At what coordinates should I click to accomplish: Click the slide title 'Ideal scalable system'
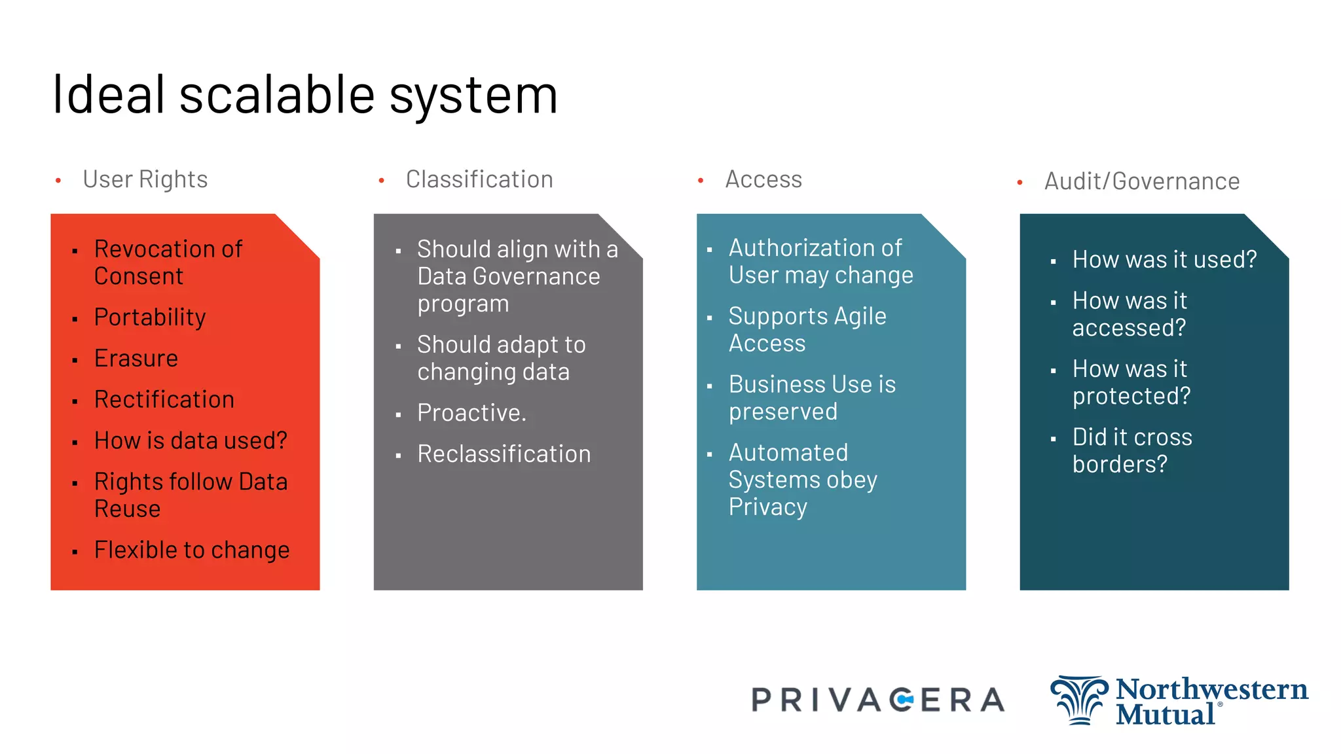(304, 96)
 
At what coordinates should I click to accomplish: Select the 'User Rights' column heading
(145, 179)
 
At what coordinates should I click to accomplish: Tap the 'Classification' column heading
(479, 179)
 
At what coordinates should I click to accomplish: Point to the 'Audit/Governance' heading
(1141, 181)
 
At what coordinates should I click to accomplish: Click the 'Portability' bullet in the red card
(150, 317)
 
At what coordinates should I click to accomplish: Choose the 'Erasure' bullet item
(136, 359)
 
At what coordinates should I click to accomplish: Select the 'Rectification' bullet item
(164, 400)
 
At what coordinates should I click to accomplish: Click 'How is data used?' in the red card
(191, 441)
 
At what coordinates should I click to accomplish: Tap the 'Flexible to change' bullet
(192, 550)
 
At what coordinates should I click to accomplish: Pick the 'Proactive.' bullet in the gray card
(471, 413)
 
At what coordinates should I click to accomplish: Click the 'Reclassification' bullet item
(504, 454)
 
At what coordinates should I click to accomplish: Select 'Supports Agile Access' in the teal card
(807, 330)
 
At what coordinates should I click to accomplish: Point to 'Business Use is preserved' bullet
(812, 398)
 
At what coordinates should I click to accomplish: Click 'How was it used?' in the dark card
(1164, 260)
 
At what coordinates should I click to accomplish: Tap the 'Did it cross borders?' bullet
(1132, 451)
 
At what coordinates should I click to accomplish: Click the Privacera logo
(877, 700)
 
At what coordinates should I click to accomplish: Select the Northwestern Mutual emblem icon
(1078, 700)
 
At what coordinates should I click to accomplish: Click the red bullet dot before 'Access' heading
(701, 180)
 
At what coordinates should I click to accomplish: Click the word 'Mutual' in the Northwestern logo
(1165, 715)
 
